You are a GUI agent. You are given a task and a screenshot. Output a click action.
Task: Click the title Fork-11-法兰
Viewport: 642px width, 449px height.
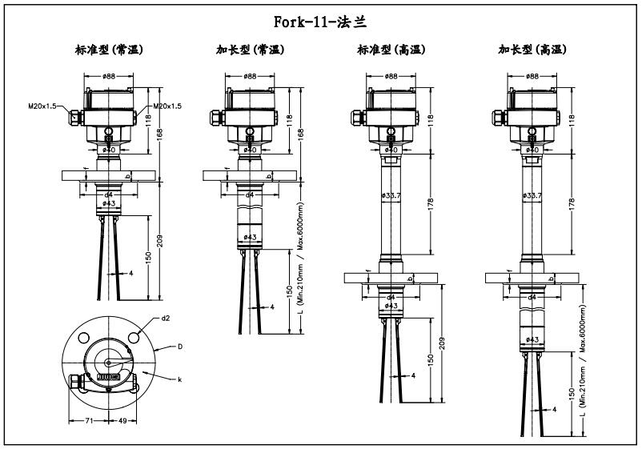click(x=319, y=20)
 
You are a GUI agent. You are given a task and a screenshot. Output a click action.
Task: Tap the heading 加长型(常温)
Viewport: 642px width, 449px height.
click(x=250, y=50)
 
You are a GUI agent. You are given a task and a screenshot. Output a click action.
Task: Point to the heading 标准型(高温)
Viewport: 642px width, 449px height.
click(x=391, y=50)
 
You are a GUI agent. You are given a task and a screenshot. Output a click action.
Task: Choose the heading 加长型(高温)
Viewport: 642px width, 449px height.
click(x=532, y=50)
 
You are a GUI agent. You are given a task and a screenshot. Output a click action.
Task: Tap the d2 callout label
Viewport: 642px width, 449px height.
click(x=166, y=318)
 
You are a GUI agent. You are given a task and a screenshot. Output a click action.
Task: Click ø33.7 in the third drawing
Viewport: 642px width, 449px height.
click(x=391, y=194)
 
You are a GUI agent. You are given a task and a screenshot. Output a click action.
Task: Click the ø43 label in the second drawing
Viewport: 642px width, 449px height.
click(x=250, y=237)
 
